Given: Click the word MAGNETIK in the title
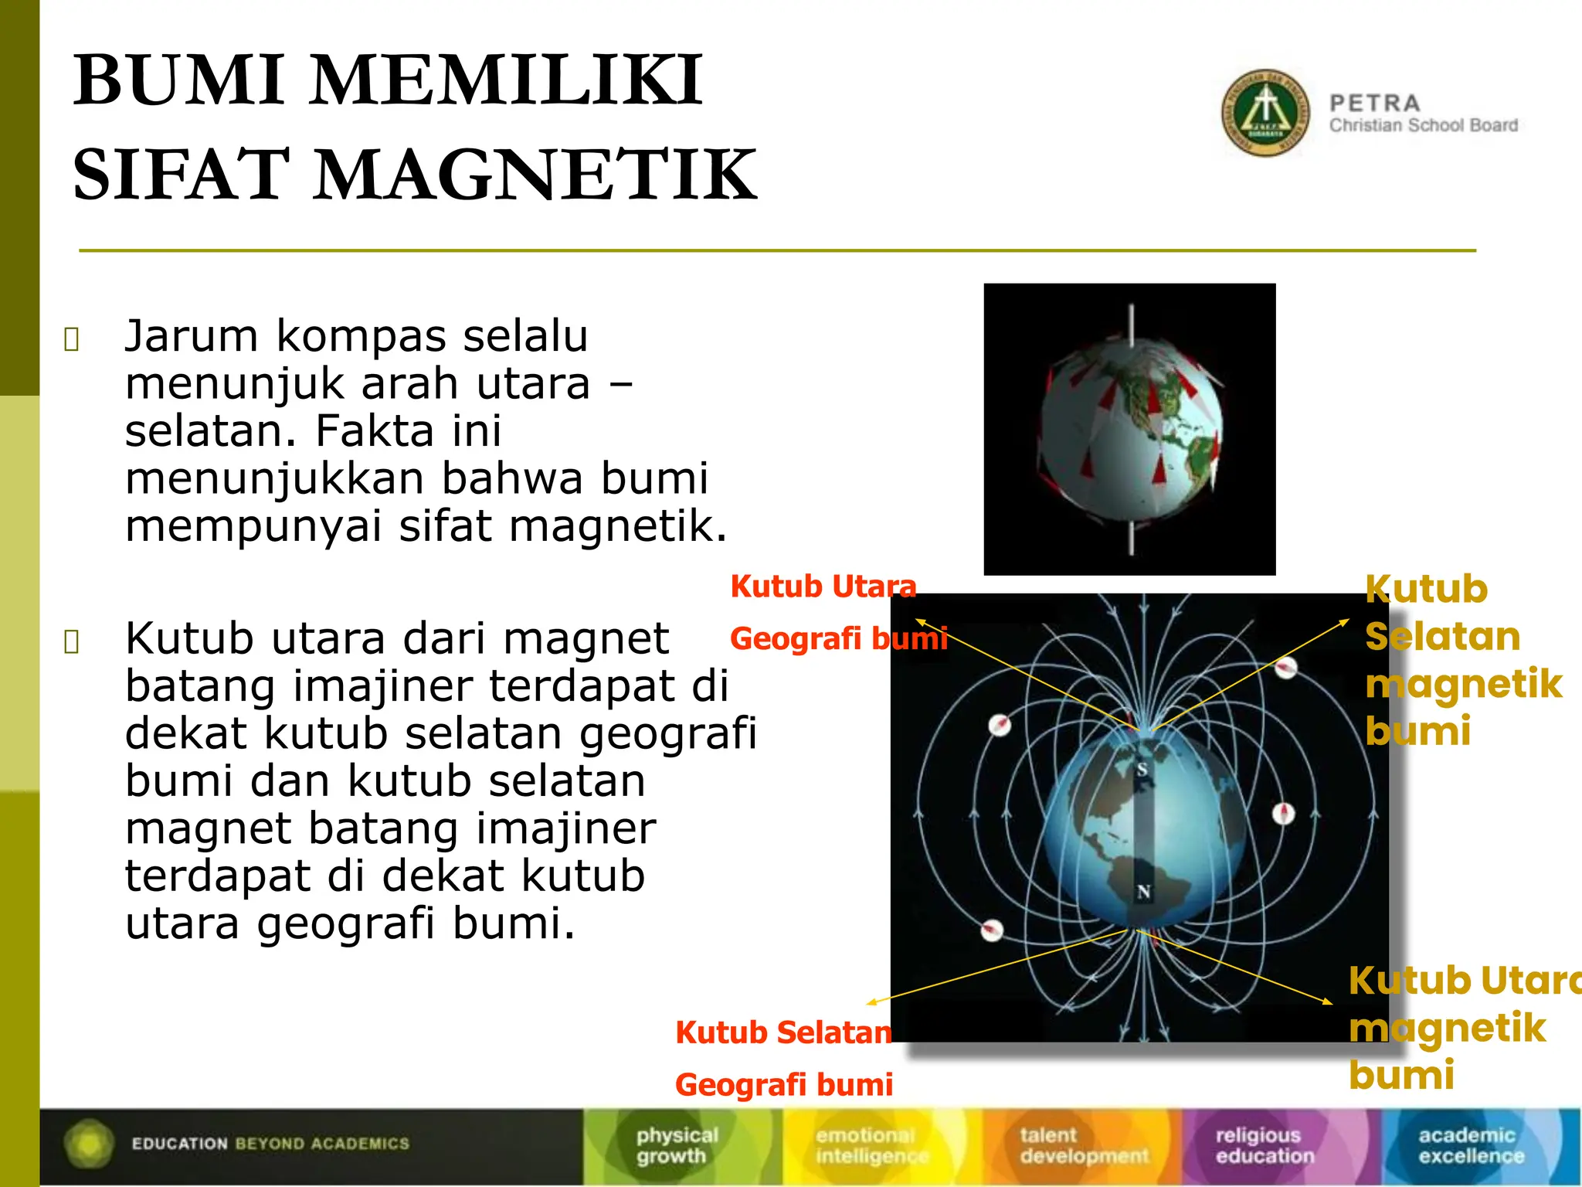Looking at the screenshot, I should click(x=535, y=175).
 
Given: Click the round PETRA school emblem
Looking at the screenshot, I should click(x=1265, y=113).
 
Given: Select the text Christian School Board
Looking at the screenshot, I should click(x=1423, y=125).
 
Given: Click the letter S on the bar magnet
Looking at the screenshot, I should click(x=1142, y=770).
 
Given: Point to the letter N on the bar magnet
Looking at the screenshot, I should click(x=1144, y=891).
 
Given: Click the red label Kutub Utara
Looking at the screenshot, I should click(x=823, y=587).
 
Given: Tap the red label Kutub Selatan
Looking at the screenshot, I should click(x=783, y=1032).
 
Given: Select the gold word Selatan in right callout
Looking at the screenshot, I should click(x=1442, y=637).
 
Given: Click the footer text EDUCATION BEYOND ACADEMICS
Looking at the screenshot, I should click(x=270, y=1144).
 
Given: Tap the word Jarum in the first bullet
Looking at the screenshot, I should click(x=191, y=337).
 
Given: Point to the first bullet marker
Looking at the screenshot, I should click(x=72, y=339).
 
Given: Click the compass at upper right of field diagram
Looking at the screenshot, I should click(x=1285, y=668).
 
